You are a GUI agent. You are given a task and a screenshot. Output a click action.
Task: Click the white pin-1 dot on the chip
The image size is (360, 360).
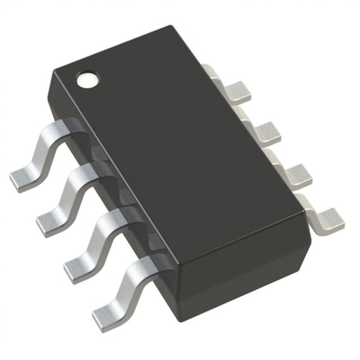[87, 79]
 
